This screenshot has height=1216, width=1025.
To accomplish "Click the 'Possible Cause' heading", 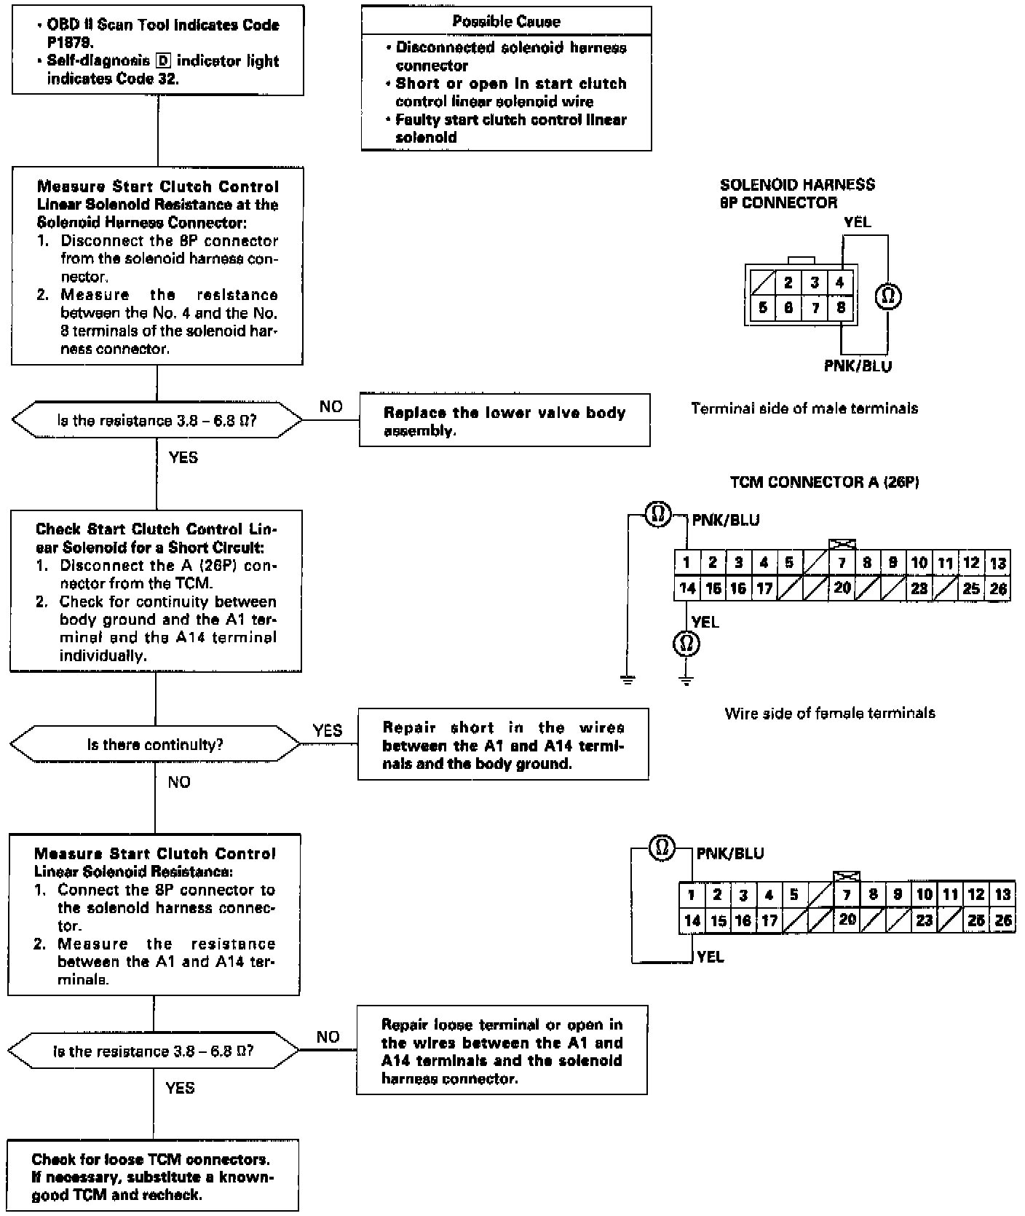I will point(506,21).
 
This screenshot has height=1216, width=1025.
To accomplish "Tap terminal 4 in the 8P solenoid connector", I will point(840,283).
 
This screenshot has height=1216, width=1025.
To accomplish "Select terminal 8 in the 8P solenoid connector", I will point(841,307).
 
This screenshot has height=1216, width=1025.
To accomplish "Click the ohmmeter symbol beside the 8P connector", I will point(888,296).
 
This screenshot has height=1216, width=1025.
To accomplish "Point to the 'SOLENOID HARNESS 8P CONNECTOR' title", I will point(797,194).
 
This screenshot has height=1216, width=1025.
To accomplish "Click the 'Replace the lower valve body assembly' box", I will point(504,421).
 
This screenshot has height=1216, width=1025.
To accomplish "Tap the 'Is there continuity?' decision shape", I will point(155,744).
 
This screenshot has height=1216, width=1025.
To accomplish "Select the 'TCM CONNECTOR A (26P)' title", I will point(824,482).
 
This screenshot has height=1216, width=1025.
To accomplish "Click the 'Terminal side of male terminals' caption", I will point(804,408).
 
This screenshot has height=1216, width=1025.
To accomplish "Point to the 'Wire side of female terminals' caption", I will point(830,713).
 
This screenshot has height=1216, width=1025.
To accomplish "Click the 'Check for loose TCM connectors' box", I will point(153,1177).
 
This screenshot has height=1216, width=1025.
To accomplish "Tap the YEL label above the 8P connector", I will point(857,222).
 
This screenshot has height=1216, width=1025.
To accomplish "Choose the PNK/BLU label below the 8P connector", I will point(858,366).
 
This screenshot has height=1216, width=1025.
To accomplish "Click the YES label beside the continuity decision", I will point(327,730).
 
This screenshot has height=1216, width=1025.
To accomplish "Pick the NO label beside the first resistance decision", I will point(331,406).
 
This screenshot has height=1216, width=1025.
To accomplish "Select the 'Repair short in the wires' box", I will point(503,745).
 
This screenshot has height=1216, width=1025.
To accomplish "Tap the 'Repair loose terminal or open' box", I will point(502,1051).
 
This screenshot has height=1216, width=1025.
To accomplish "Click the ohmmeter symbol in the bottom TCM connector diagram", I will point(662,848).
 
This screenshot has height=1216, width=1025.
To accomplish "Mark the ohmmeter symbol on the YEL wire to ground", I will point(685,644).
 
